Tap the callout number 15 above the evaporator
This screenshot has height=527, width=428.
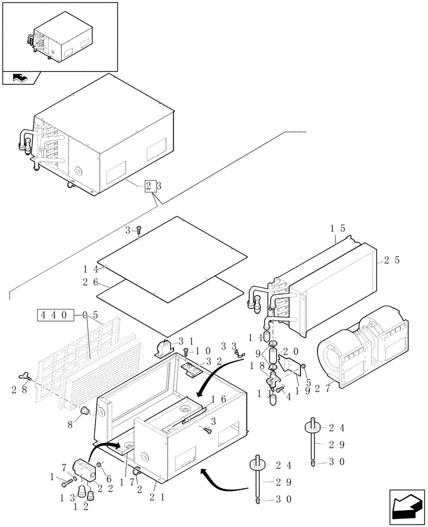point(337,229)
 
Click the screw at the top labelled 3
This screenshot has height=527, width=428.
point(139,230)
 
